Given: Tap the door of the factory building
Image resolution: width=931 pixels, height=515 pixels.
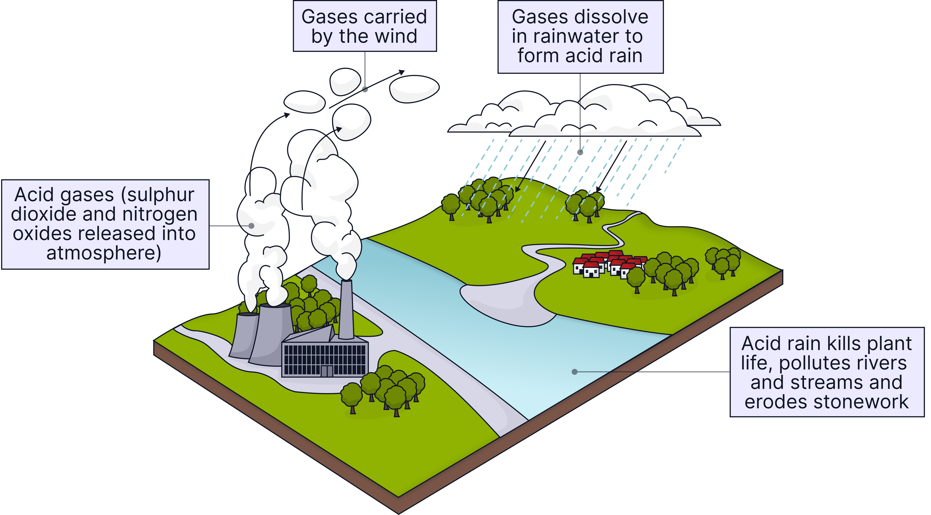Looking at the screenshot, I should (327, 371).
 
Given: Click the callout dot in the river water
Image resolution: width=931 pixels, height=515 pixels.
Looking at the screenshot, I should (574, 372).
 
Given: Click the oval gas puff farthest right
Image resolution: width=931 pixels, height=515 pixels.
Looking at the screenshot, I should (414, 89).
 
